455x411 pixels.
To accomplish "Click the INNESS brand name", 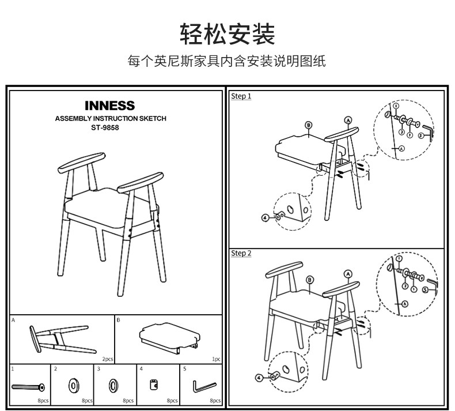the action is (x=109, y=106).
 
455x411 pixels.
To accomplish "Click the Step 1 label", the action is (x=241, y=96).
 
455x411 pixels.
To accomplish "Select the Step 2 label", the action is (x=241, y=254).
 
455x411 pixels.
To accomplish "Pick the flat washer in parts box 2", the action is (x=74, y=384).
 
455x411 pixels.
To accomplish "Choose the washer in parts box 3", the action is (x=115, y=384).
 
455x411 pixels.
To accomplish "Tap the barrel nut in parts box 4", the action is (x=154, y=384).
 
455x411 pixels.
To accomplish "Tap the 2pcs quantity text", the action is (x=108, y=359).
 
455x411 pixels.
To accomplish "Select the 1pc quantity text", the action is (x=216, y=359).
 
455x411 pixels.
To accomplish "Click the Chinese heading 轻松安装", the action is (x=227, y=35).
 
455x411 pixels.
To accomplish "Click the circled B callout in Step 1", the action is (x=309, y=125).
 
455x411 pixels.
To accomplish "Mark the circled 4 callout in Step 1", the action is (x=265, y=218).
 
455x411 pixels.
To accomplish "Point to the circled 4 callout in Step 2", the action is (x=259, y=378).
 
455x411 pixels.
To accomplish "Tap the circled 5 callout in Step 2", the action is (x=424, y=291).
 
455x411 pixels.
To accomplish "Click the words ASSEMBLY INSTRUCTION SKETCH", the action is (x=110, y=118).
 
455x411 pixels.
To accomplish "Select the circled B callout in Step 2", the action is (x=310, y=280).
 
